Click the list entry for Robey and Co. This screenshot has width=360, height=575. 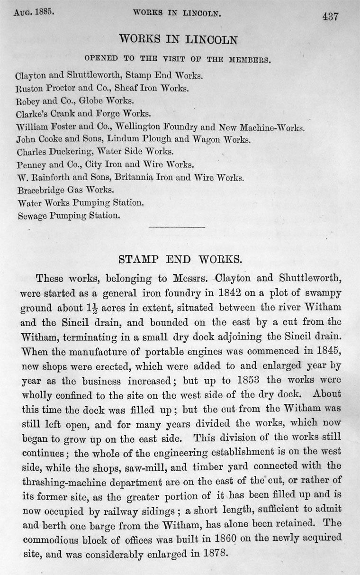[75, 101]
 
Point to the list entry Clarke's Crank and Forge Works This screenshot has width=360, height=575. [83, 114]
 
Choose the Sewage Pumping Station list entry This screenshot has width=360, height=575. [68, 216]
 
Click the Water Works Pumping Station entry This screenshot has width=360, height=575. [79, 203]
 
